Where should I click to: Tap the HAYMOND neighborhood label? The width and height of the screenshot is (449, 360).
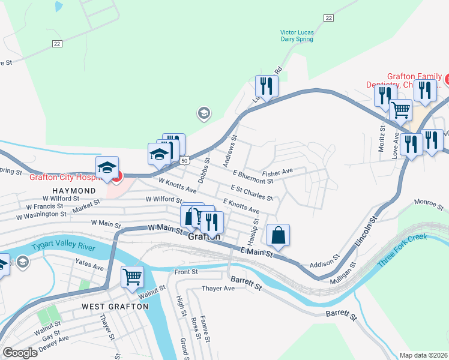point(69,190)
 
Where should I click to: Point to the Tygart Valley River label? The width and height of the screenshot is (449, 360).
point(67,247)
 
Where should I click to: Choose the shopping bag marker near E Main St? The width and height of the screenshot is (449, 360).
point(279,236)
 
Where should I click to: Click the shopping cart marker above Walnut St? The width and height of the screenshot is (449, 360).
point(132,277)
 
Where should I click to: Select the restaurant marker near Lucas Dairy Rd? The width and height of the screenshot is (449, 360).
point(266,86)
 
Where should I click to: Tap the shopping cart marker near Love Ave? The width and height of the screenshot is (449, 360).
point(400,110)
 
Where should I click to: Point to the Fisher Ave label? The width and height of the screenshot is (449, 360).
point(277,172)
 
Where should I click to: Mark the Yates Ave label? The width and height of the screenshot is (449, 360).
point(89,265)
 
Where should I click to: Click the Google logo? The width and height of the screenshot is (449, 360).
point(20,352)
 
